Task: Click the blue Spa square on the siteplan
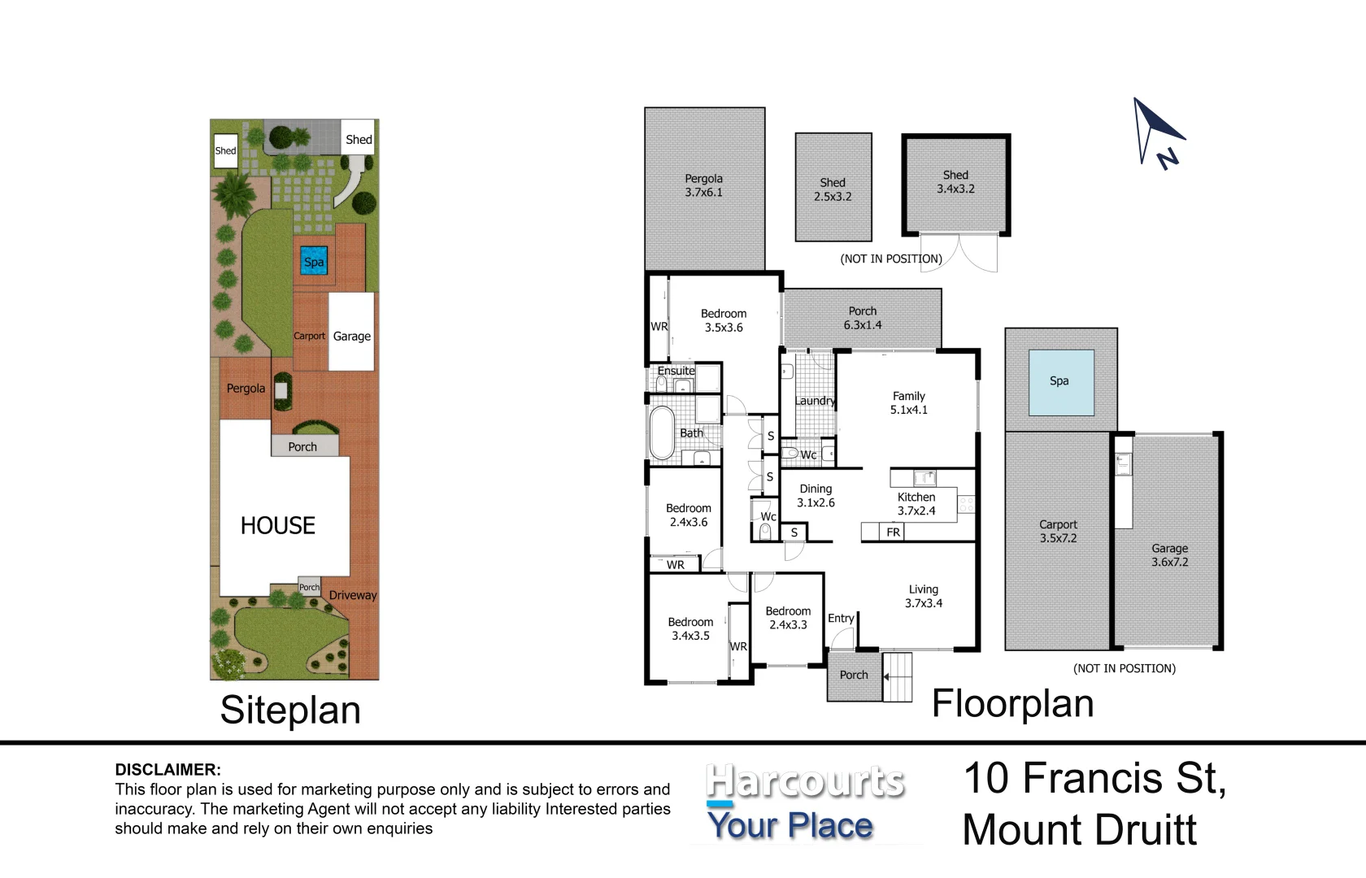(314, 260)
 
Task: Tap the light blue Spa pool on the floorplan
(1061, 383)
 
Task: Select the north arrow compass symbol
(1158, 133)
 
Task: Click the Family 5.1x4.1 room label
(909, 403)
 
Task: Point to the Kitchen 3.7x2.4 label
(916, 504)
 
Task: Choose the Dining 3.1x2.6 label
(816, 496)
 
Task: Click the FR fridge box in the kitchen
(893, 532)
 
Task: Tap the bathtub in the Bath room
(662, 432)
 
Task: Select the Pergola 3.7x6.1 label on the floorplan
(704, 185)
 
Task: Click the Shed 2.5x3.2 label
(833, 189)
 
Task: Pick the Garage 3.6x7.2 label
(1169, 555)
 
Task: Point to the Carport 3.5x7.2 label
(1058, 531)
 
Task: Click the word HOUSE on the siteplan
(278, 525)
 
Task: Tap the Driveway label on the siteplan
(353, 595)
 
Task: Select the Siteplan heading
(290, 711)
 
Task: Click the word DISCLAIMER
(167, 769)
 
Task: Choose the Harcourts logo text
(805, 781)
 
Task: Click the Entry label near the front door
(841, 618)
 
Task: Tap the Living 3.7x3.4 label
(924, 597)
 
